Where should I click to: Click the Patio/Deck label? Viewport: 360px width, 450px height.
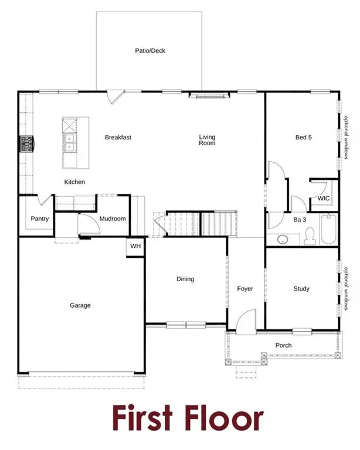tap(150, 51)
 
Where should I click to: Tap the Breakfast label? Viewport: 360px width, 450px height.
tap(118, 138)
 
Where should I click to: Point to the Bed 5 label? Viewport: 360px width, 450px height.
tap(303, 138)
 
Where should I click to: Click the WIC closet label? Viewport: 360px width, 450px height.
tap(324, 199)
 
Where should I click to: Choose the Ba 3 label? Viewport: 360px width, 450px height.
tap(300, 219)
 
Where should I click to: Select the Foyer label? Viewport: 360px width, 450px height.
tap(244, 289)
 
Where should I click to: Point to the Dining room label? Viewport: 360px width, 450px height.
tap(185, 279)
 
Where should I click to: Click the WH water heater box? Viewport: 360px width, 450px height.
tap(135, 246)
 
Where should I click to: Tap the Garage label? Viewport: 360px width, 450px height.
tap(80, 305)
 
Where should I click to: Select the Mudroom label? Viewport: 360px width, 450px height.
tap(112, 219)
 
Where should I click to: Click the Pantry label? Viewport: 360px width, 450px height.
tap(40, 219)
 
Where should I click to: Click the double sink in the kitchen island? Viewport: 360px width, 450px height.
tap(70, 141)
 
